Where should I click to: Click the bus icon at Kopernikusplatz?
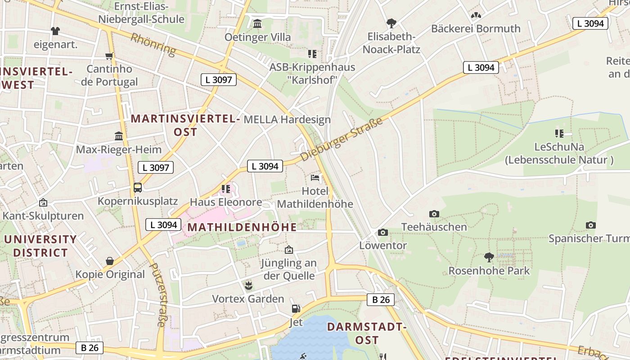point(138,188)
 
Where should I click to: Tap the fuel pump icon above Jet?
point(296,309)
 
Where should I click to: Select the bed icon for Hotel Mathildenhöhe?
point(315,178)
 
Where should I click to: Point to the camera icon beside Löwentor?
point(383,232)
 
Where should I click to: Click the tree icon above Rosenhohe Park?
point(489,257)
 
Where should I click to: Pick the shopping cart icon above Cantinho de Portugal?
point(109,56)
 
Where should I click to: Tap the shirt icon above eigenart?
point(55,31)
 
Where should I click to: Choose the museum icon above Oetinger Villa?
point(257,23)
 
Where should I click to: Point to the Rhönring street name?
point(153,44)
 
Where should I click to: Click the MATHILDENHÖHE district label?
point(242,227)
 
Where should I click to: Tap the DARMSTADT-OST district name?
point(367,333)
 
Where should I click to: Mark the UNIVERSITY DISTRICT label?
point(40,246)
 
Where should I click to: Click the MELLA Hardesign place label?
point(287,120)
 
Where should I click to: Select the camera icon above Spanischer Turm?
point(591,225)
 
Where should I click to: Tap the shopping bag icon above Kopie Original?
point(110,261)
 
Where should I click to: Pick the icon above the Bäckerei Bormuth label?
point(476,16)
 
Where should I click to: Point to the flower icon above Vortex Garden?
point(248,285)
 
